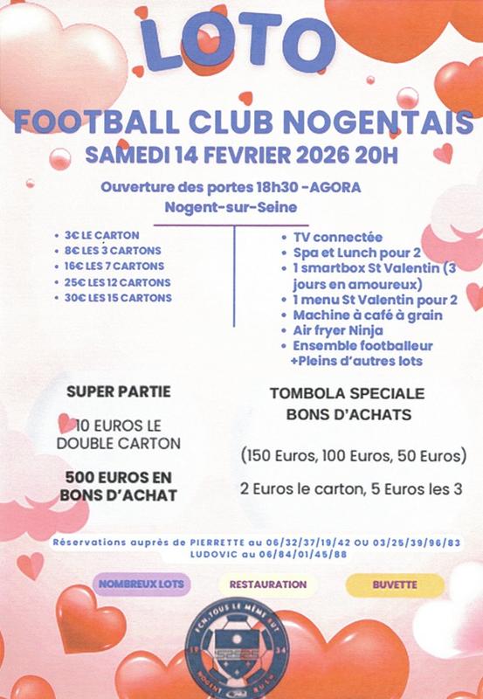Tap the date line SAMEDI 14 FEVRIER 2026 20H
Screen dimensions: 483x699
241,156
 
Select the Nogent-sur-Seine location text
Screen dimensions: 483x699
231,208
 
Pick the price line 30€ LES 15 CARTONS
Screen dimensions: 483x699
118,297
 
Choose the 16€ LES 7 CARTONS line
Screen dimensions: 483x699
114,266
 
